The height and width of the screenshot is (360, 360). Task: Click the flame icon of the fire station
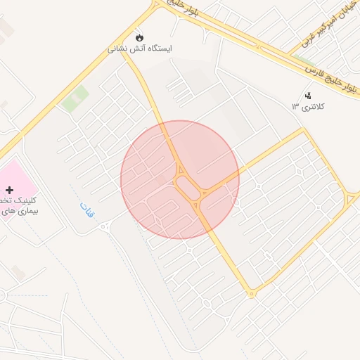pos(139,37)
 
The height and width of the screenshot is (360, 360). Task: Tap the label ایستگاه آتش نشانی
pos(139,49)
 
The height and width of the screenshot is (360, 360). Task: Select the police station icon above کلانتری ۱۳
pos(307,96)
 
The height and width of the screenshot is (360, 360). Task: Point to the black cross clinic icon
pos(9,190)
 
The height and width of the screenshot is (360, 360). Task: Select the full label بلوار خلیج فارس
pos(330,77)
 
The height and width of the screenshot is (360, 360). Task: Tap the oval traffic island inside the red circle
pos(188,187)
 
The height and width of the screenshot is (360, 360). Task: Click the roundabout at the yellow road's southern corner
pos(251,293)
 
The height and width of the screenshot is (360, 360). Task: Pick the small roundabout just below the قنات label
pos(105,226)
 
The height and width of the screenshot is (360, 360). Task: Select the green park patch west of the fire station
pos(75,98)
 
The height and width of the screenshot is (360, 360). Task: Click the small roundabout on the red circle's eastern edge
pos(236,202)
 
